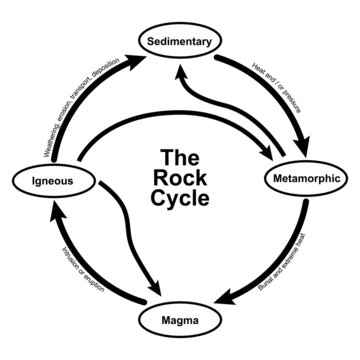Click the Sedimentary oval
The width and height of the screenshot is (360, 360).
tap(180, 43)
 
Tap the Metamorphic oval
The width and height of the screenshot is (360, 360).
tap(306, 181)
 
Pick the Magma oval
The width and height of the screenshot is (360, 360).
tap(180, 321)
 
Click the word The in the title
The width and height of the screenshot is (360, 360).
tap(180, 158)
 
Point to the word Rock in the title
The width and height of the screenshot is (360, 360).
tap(181, 177)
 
